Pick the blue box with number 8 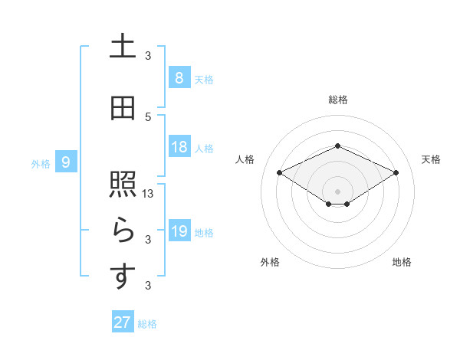179,77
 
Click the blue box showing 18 179,148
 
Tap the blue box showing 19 179,231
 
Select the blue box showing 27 122,322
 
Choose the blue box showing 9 67,162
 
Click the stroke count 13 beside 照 149,194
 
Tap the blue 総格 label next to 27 147,324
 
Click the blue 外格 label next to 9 41,163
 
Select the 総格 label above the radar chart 337,100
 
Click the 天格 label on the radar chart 431,159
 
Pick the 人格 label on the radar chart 245,159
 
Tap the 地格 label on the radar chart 402,262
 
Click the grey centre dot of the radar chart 337,191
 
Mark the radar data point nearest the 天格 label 396,172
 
